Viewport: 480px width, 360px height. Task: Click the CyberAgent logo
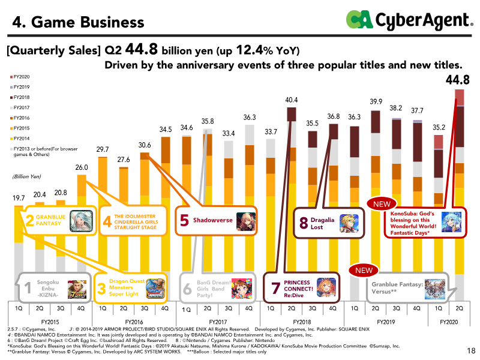click(x=409, y=21)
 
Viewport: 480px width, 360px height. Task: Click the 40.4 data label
click(x=292, y=100)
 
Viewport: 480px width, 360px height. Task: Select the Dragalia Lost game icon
click(x=349, y=223)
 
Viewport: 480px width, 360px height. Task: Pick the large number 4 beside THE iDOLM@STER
click(x=107, y=222)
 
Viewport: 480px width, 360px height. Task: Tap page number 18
click(x=471, y=350)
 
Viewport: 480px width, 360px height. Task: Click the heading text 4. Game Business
click(x=79, y=22)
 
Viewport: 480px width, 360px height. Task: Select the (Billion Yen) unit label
click(x=25, y=177)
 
